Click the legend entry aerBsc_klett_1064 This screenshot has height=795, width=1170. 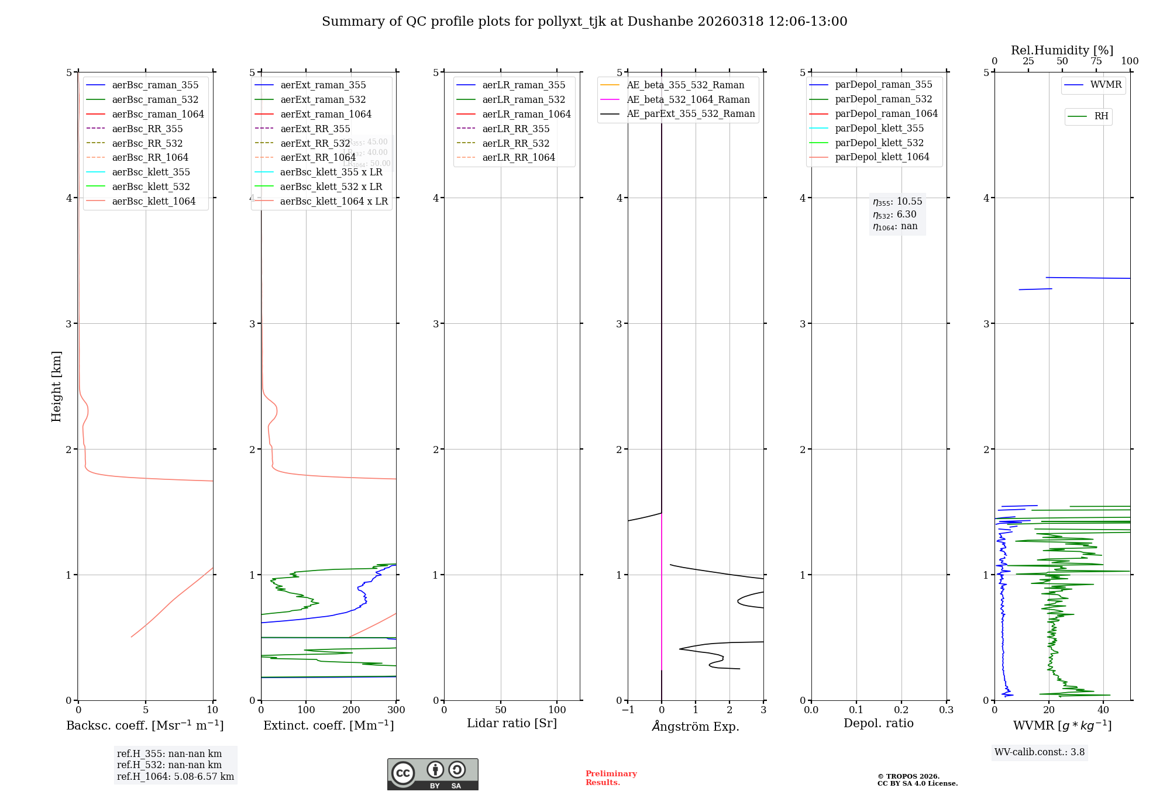(x=153, y=201)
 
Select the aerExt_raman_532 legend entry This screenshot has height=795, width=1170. (x=323, y=99)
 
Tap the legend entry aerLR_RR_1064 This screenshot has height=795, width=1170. (x=518, y=157)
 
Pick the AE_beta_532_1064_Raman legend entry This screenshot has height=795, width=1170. (x=688, y=99)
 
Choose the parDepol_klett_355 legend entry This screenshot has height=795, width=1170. (x=879, y=128)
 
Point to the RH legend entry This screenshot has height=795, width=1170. (x=1101, y=116)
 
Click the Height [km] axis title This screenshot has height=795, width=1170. (x=56, y=386)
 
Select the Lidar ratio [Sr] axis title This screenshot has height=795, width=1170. (x=512, y=723)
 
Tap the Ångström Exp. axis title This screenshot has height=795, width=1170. (x=695, y=726)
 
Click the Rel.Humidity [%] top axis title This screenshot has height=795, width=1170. (x=1062, y=50)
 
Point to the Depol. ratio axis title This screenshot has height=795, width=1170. (x=878, y=723)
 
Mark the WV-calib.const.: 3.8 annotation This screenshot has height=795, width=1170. (x=1040, y=752)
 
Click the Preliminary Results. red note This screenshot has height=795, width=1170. (x=611, y=777)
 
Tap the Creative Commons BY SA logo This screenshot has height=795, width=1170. (x=432, y=774)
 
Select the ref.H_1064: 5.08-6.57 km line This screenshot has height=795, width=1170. (x=175, y=776)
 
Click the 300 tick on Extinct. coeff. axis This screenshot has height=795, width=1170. (x=396, y=710)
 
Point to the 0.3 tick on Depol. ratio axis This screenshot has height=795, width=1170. (x=946, y=710)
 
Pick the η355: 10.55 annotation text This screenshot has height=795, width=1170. (x=897, y=202)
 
